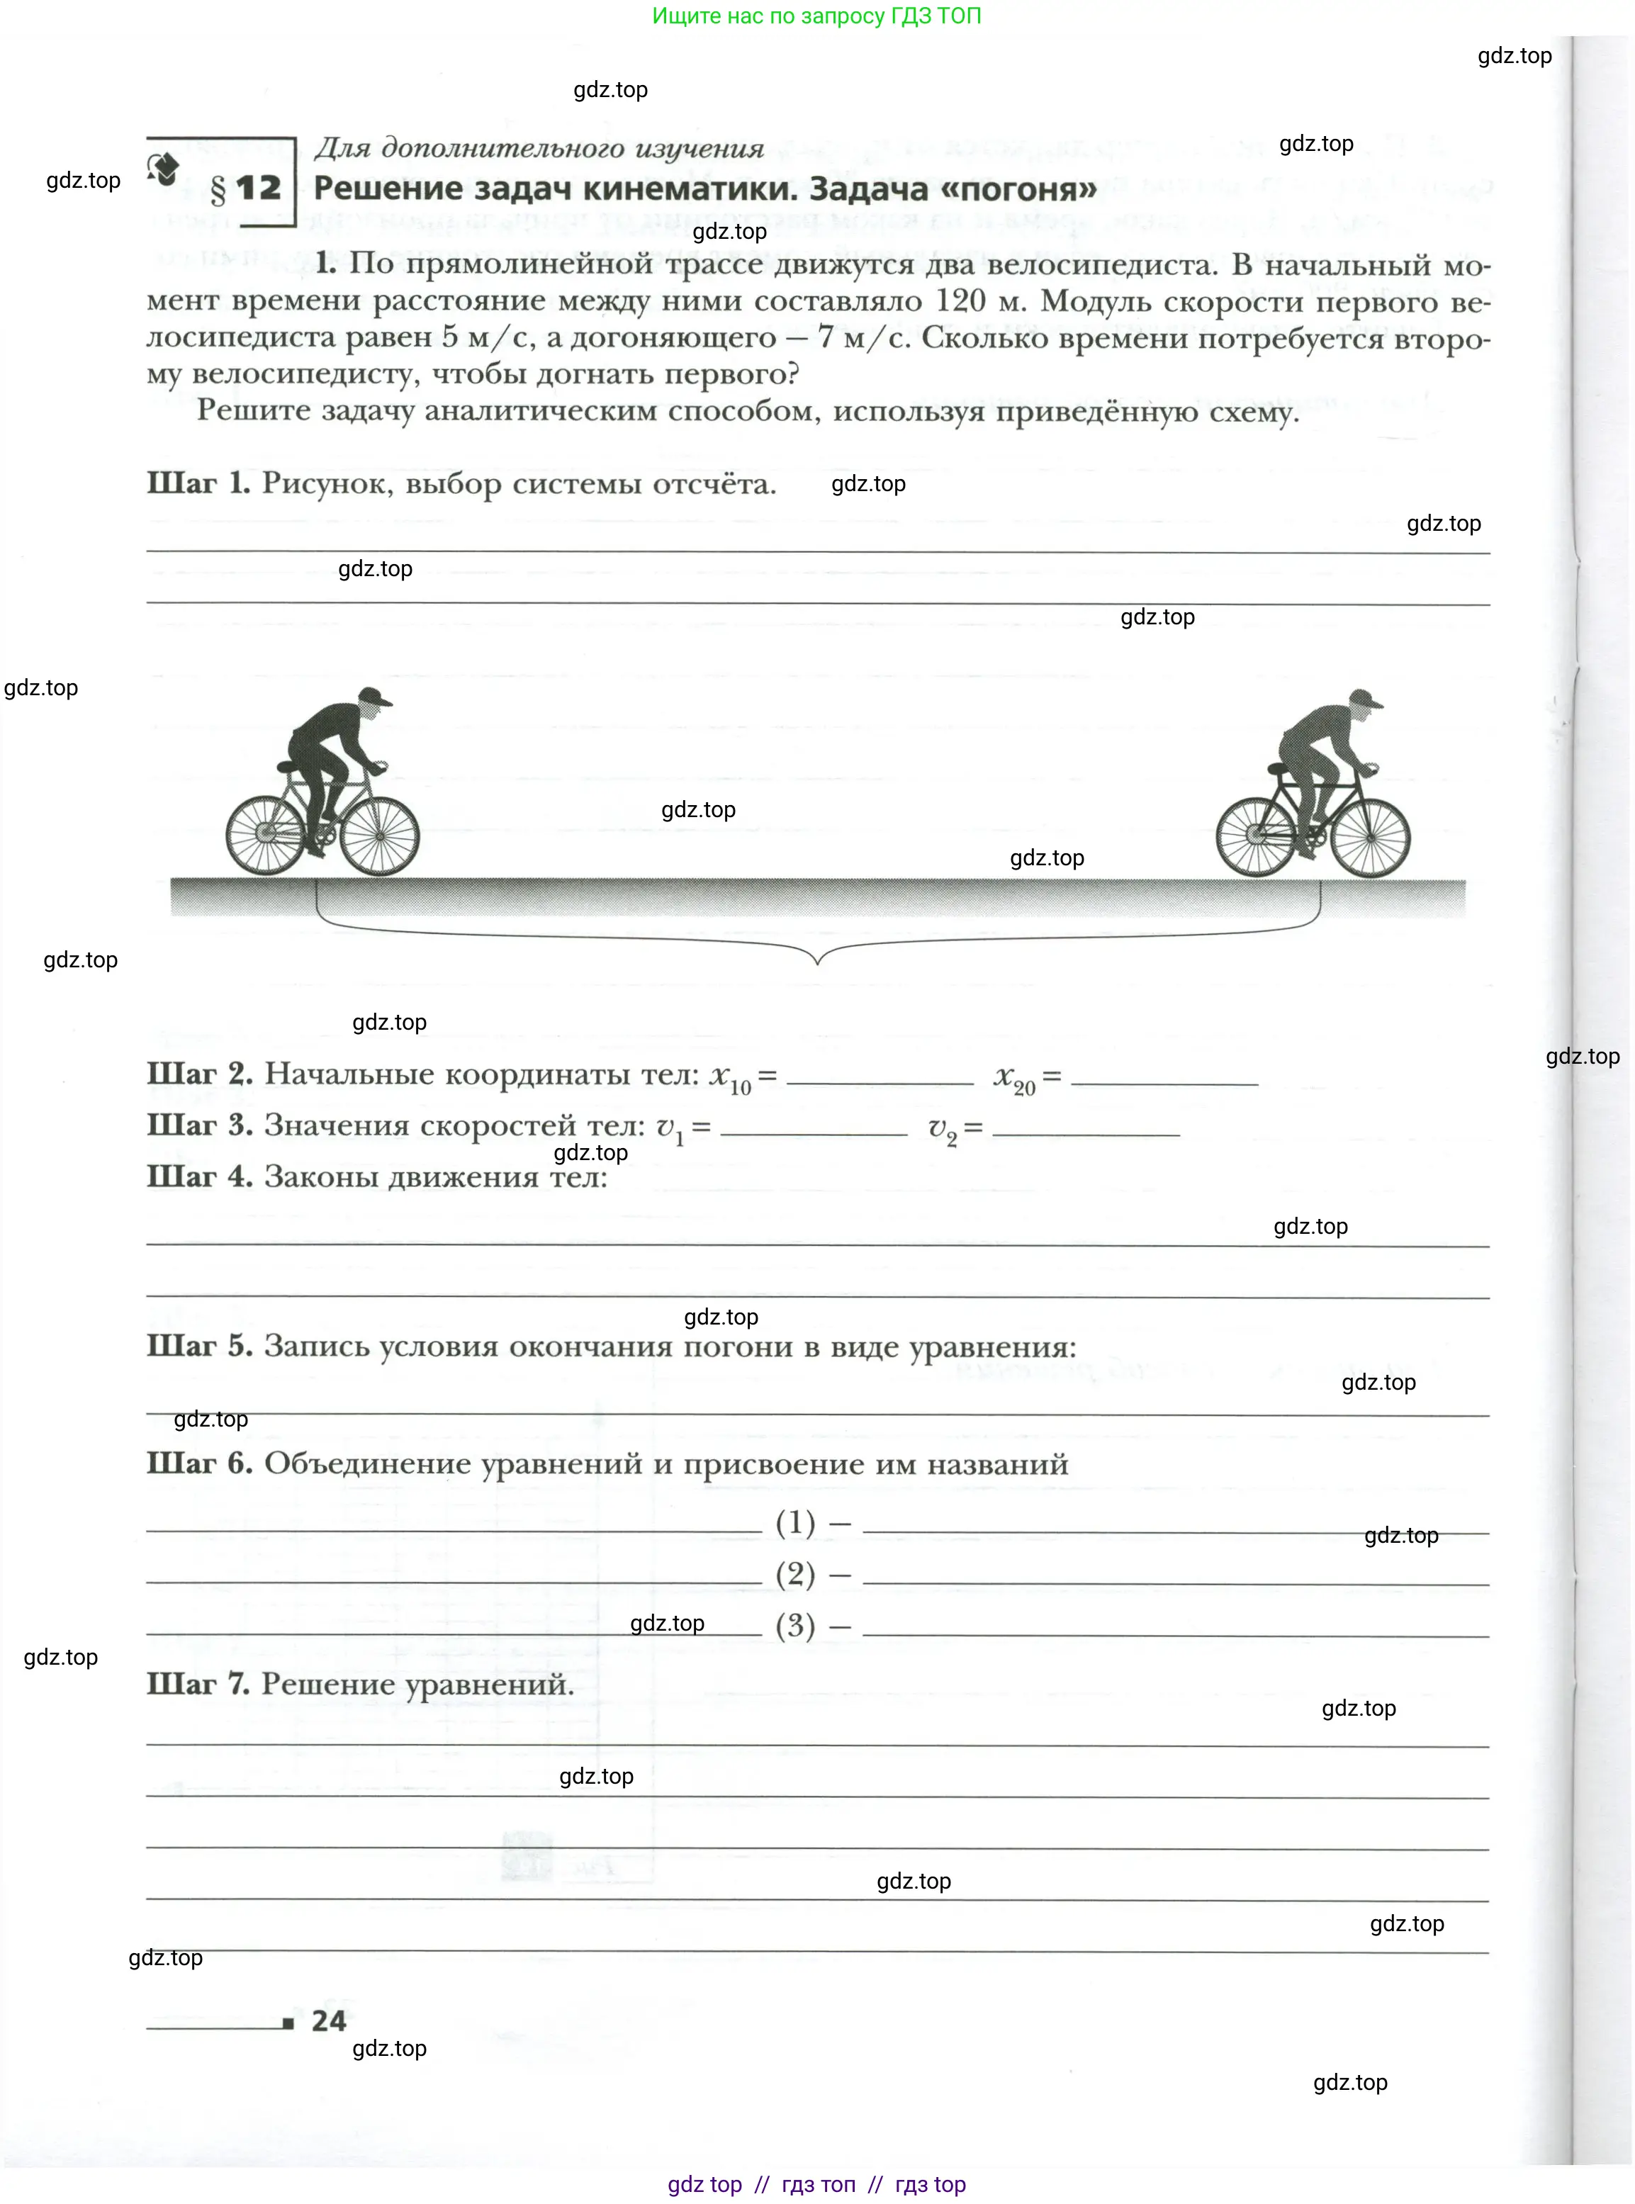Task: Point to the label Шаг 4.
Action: point(199,1176)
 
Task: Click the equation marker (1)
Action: point(794,1522)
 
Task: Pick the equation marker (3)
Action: point(794,1625)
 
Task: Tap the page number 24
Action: point(329,2020)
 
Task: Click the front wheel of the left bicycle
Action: point(380,836)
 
